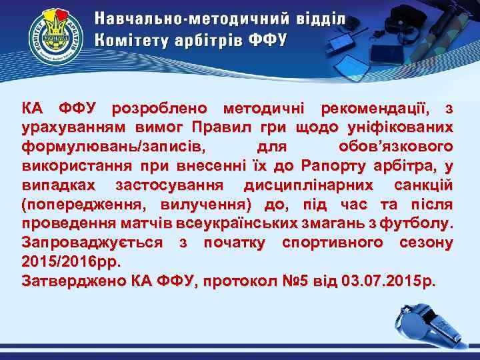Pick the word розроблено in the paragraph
point(159,109)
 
